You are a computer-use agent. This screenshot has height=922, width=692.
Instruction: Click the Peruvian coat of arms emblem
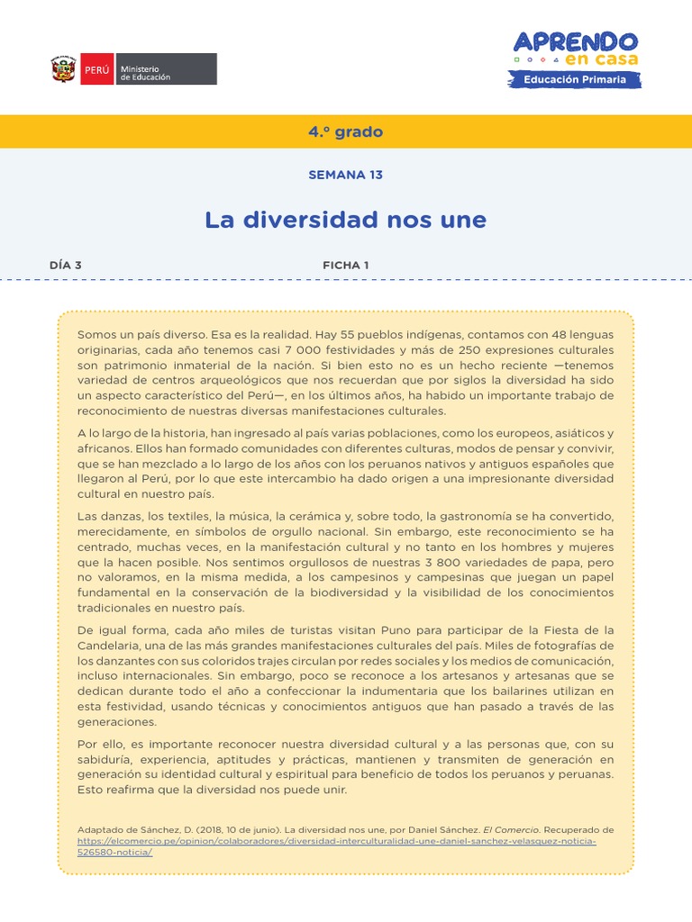63,69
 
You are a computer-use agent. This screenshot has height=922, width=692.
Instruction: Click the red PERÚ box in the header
96,69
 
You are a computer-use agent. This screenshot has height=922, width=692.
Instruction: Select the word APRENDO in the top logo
575,41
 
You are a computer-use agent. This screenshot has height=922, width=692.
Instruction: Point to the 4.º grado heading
345,131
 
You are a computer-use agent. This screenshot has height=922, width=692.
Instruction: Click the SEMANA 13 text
345,175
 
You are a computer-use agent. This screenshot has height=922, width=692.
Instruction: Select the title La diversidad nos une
345,219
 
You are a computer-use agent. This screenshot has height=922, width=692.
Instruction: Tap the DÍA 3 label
66,265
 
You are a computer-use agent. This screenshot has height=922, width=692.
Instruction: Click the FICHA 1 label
345,265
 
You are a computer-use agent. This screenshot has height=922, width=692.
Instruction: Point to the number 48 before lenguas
533,334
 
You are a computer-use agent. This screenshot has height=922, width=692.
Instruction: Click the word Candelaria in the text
110,646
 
